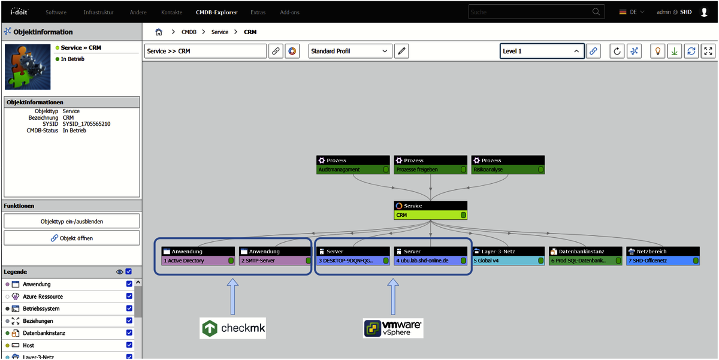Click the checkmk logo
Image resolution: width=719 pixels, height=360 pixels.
233,328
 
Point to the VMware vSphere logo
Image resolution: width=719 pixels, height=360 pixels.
392,328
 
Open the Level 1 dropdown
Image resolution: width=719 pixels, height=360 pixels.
542,52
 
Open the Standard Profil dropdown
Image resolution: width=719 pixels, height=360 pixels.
351,52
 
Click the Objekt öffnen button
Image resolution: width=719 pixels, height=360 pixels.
72,238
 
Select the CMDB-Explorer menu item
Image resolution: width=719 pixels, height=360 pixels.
216,12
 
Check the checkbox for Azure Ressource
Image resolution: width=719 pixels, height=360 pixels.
129,297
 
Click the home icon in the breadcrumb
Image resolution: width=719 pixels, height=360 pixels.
159,32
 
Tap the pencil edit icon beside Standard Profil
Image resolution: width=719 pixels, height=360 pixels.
401,52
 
